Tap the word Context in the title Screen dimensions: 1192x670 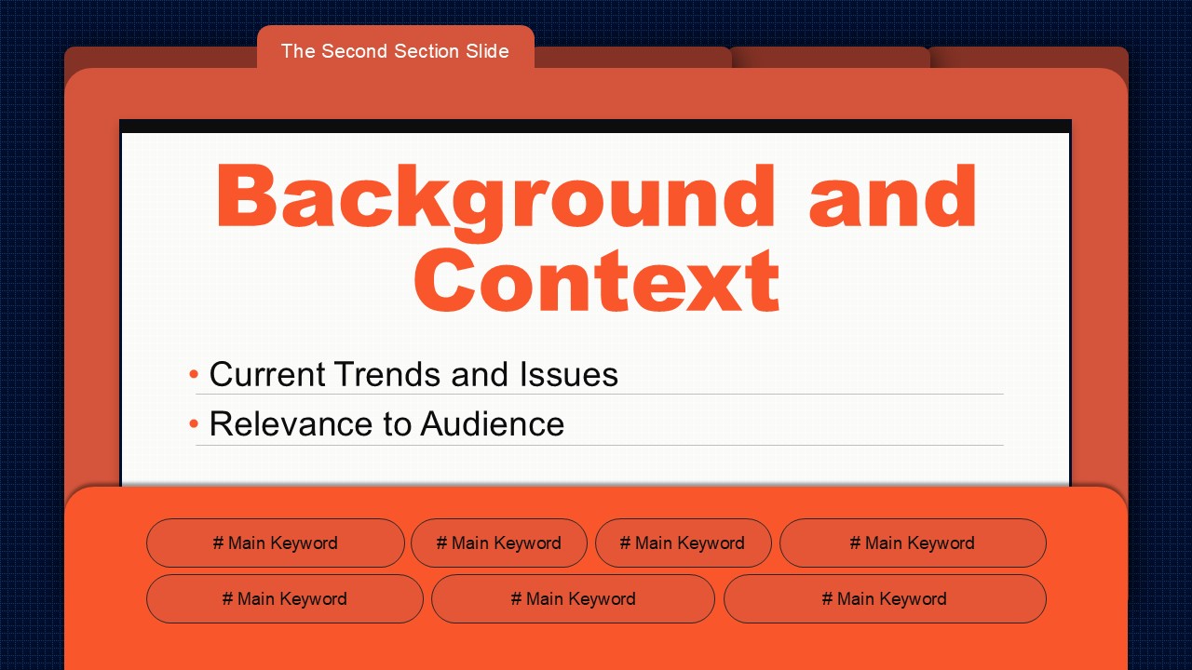tap(597, 280)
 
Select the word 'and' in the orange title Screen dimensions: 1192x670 tap(893, 195)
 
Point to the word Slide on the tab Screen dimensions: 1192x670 tap(487, 51)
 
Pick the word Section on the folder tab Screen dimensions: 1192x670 tap(427, 51)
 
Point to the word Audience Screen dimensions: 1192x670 tap(493, 423)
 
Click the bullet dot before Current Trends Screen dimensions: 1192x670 tap(194, 374)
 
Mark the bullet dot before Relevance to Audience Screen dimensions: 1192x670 tap(194, 423)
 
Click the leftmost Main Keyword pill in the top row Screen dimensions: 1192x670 tap(275, 543)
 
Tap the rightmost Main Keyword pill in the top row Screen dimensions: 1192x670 tap(913, 543)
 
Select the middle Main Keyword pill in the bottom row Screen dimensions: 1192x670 tap(573, 598)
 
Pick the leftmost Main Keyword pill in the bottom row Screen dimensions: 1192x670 tap(285, 598)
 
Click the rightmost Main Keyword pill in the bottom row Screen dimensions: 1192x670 tap(885, 598)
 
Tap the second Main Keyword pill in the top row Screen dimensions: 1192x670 tap(498, 543)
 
